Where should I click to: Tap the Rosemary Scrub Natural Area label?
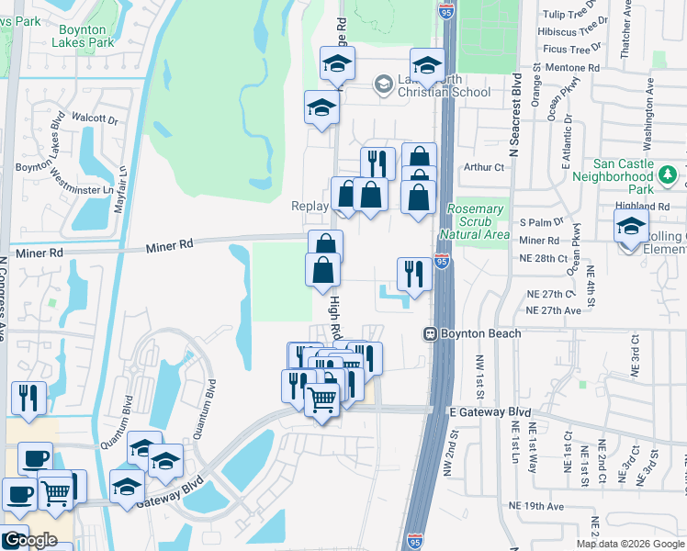pyautogui.click(x=477, y=222)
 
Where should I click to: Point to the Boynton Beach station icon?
pyautogui.click(x=429, y=334)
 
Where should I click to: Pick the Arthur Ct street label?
pyautogui.click(x=484, y=167)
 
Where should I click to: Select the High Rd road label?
pyautogui.click(x=335, y=316)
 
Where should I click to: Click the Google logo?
pyautogui.click(x=29, y=540)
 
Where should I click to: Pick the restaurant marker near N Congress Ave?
pyautogui.click(x=28, y=399)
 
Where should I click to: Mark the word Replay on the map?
pyautogui.click(x=310, y=206)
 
